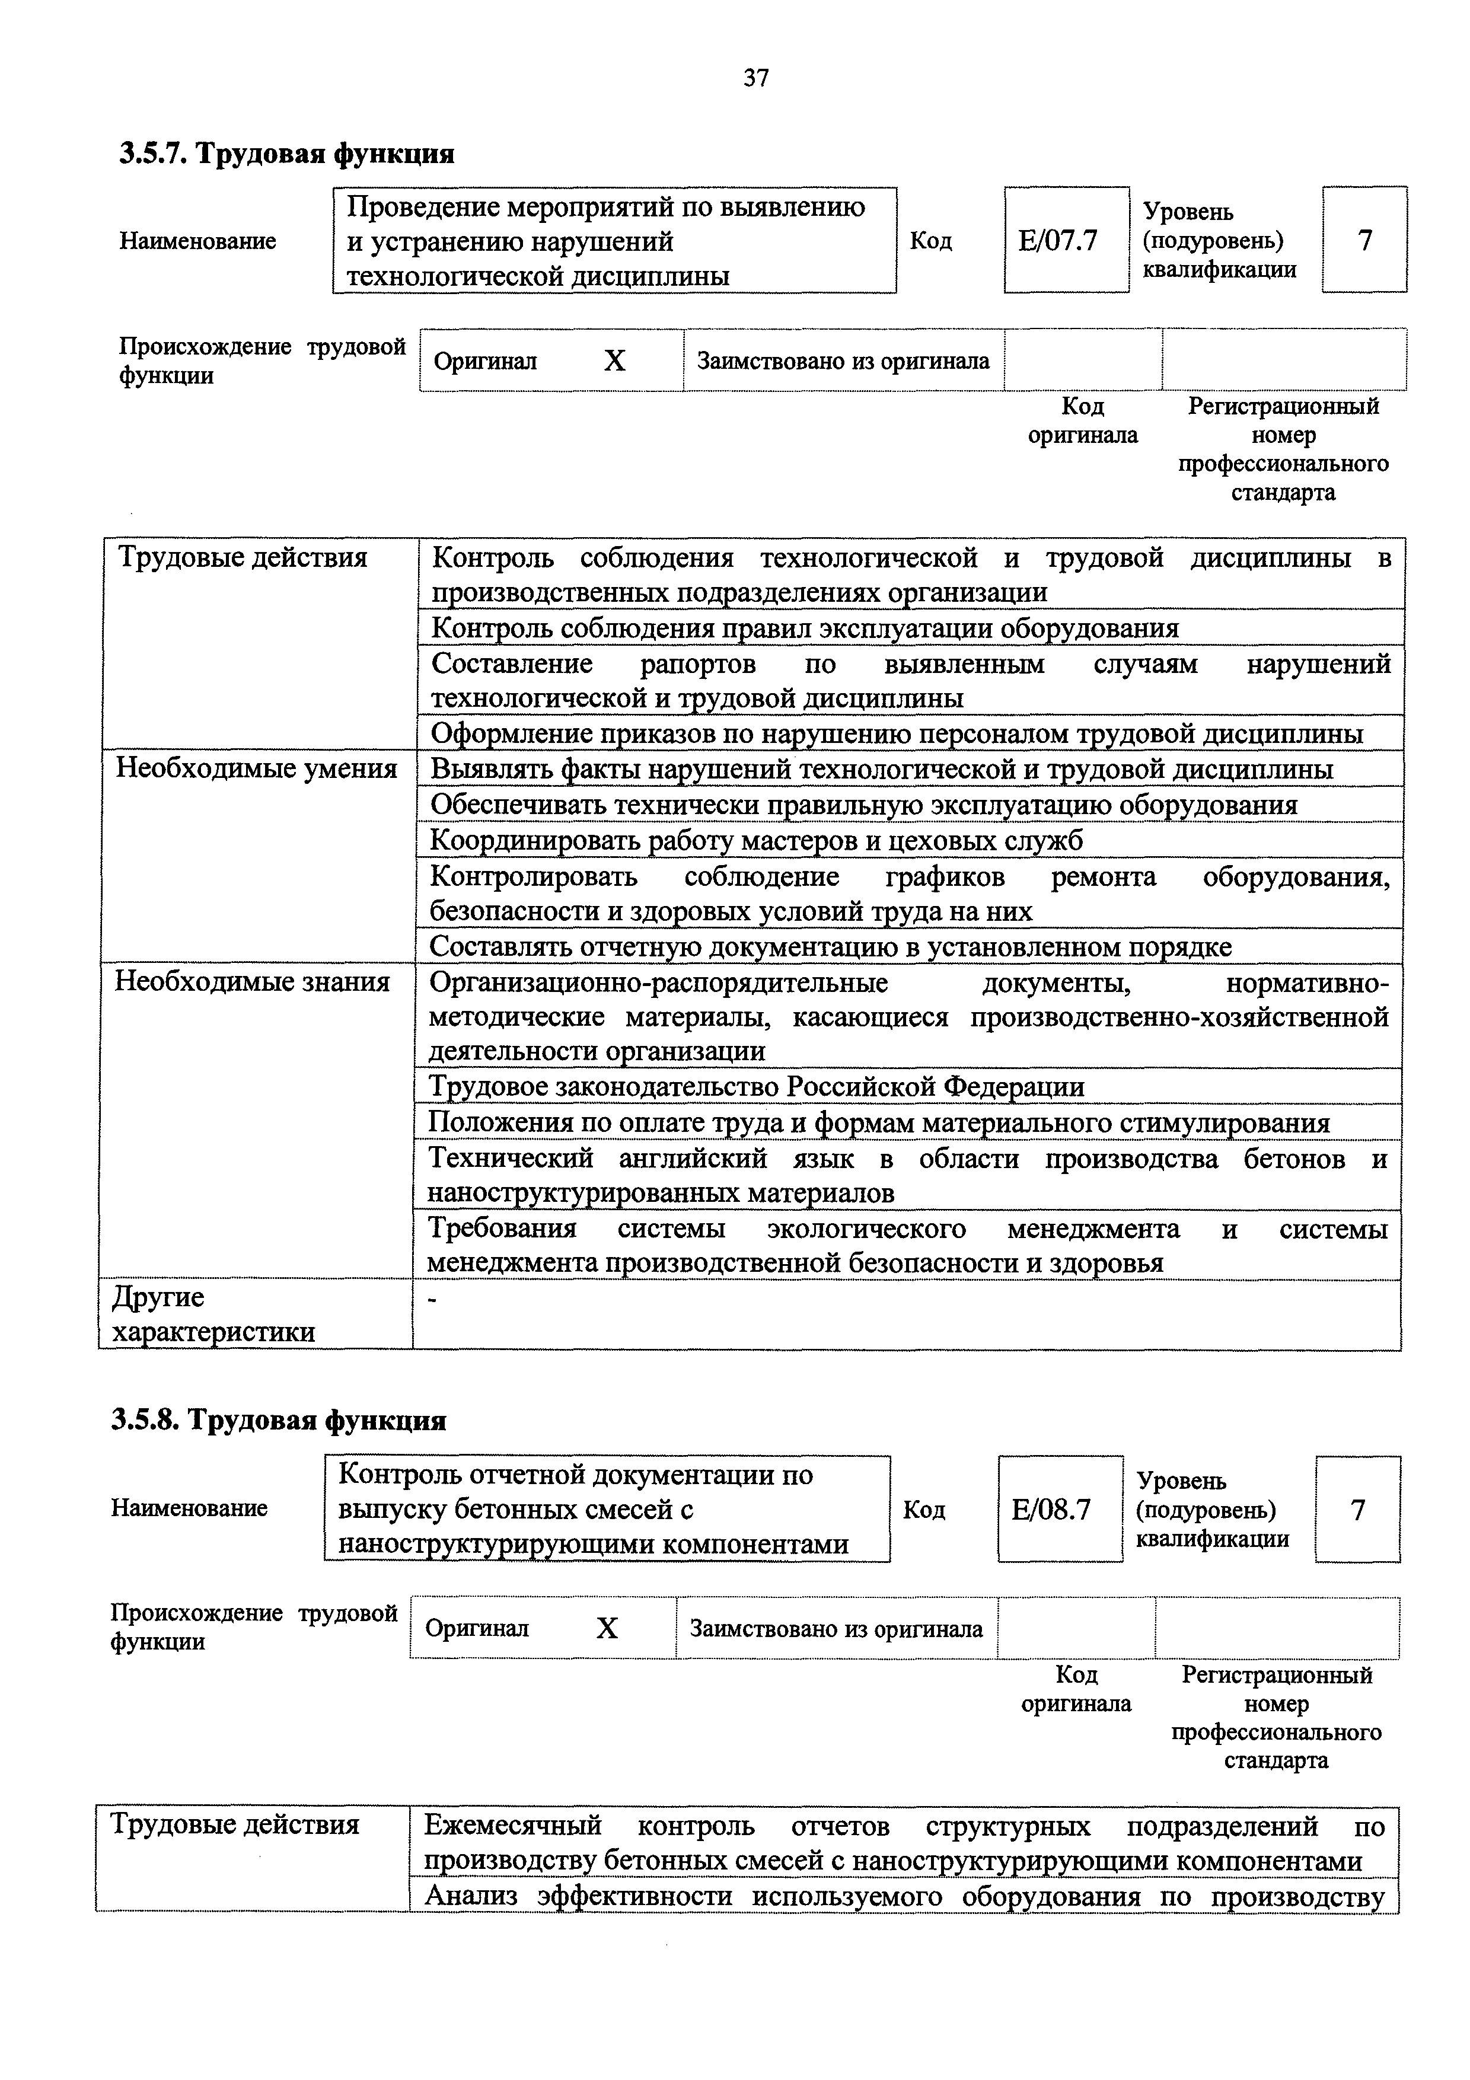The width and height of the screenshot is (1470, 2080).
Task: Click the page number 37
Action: point(755,79)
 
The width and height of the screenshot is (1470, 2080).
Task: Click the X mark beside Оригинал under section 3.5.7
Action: point(614,362)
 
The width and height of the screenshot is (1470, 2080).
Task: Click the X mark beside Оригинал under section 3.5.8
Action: point(606,1629)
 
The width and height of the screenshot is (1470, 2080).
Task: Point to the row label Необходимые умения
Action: point(256,769)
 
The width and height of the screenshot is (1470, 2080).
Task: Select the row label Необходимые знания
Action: point(252,982)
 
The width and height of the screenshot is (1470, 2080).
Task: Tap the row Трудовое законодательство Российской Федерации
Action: point(755,1086)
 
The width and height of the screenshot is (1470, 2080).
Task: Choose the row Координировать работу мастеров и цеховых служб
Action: point(755,841)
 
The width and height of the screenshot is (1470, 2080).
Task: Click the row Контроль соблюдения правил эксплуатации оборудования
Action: point(804,628)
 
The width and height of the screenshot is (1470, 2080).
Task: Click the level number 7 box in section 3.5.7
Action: point(1364,240)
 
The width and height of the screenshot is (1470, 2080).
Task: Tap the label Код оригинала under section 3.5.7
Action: point(1082,421)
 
